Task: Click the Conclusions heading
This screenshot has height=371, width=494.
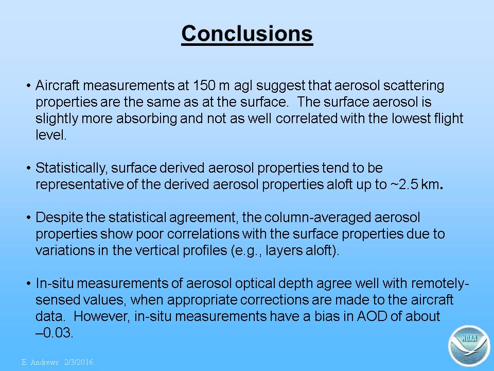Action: pyautogui.click(x=247, y=33)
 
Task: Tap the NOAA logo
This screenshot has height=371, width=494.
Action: pyautogui.click(x=469, y=346)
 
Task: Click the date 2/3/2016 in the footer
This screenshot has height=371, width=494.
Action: pyautogui.click(x=79, y=362)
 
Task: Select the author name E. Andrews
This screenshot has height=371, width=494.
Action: pyautogui.click(x=40, y=362)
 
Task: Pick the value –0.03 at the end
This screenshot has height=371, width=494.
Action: pyautogui.click(x=54, y=333)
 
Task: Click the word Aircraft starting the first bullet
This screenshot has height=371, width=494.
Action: pyautogui.click(x=57, y=86)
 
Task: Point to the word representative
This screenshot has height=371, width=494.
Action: pyautogui.click(x=79, y=184)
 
